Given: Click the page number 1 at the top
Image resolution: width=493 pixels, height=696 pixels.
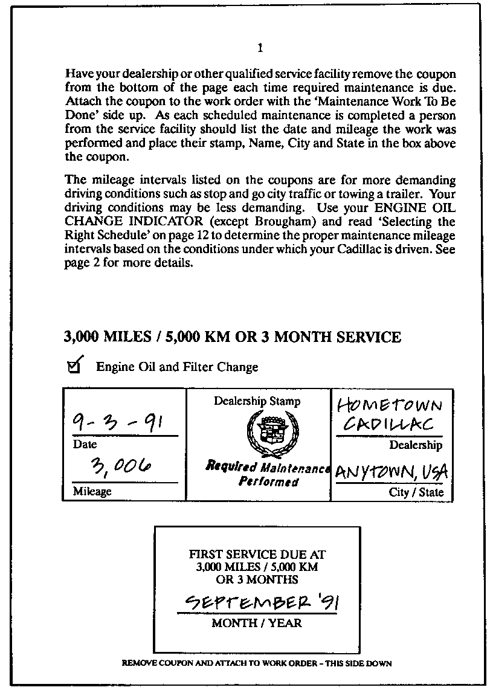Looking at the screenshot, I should tap(260, 48).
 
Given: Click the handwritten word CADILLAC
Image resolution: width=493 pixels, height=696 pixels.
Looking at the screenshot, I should tap(388, 425).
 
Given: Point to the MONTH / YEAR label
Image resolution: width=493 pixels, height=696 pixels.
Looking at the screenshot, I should tap(257, 623).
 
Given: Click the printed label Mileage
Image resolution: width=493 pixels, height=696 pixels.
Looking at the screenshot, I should tap(92, 491).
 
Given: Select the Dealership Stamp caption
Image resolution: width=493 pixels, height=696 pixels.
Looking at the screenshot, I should tap(257, 401).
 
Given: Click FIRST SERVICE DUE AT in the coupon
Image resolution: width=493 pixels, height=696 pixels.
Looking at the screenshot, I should tap(257, 554).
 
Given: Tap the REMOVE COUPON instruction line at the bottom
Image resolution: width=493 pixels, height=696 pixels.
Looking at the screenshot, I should tap(257, 663).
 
